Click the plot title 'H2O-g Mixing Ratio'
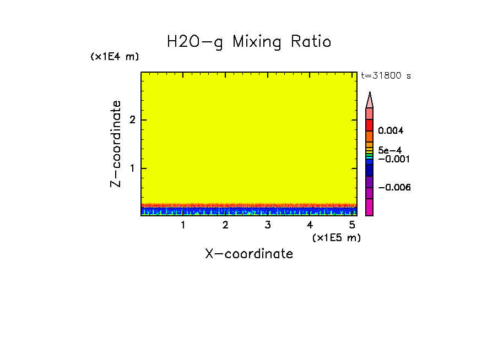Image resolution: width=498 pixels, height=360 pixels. (249, 42)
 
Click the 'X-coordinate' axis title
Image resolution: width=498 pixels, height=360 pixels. (249, 254)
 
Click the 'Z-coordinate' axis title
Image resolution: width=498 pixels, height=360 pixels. (116, 144)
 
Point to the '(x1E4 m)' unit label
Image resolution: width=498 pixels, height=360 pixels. (115, 57)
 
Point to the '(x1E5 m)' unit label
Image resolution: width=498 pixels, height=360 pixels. (336, 237)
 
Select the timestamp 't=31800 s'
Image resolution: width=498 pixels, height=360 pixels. (386, 76)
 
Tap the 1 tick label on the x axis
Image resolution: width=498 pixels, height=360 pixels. (183, 225)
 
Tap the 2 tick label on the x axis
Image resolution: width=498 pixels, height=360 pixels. (225, 225)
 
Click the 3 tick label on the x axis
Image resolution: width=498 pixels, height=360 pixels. (268, 225)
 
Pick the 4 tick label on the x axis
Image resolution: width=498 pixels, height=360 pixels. (310, 225)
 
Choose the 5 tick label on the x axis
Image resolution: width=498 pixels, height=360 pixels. (352, 225)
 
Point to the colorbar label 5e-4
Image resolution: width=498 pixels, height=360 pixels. (389, 150)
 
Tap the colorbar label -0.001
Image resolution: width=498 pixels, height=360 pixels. (392, 159)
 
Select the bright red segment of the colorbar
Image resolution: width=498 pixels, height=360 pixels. (370, 125)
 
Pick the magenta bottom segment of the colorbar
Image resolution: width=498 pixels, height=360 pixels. (370, 207)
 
